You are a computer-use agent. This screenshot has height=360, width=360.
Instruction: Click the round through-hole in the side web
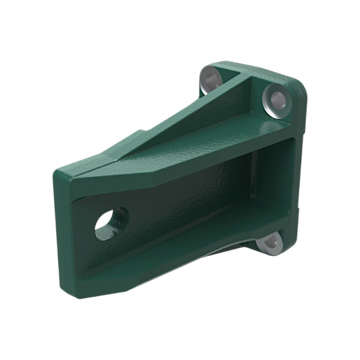(x=110, y=224)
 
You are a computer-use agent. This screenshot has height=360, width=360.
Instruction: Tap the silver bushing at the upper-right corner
(x=275, y=101)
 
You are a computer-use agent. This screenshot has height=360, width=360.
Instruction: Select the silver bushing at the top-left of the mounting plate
(x=211, y=81)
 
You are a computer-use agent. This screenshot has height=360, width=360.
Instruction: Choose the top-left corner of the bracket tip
(x=57, y=174)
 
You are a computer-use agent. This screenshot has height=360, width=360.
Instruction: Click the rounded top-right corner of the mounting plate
(x=297, y=84)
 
